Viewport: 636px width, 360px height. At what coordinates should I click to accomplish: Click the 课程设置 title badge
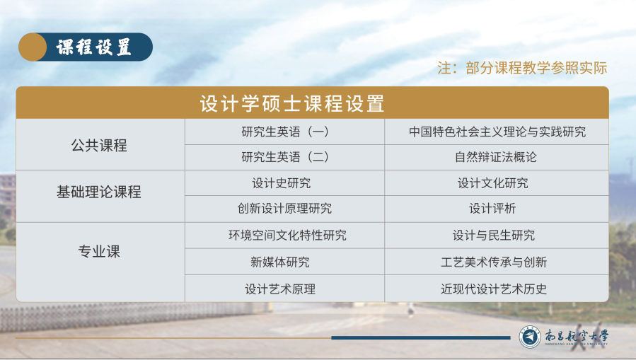click(86, 47)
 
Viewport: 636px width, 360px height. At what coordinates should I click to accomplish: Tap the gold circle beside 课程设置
click(33, 47)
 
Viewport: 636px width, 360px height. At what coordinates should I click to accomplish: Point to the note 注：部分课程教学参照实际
click(522, 68)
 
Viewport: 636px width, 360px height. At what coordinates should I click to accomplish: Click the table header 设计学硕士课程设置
click(292, 103)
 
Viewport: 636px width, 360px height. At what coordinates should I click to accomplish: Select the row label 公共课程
click(99, 145)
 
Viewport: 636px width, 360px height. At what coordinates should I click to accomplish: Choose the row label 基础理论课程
click(99, 192)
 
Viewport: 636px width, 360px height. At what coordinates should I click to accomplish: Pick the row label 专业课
click(99, 251)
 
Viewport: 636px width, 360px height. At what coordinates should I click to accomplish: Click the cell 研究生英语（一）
click(284, 132)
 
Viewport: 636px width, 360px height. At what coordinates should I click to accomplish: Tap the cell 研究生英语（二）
click(284, 157)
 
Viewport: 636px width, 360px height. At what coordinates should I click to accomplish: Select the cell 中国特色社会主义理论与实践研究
click(497, 132)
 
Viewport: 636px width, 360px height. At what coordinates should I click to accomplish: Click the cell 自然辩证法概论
click(496, 157)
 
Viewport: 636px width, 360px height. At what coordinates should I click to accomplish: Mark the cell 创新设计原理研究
click(284, 209)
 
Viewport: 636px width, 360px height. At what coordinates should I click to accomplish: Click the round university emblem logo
click(530, 337)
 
